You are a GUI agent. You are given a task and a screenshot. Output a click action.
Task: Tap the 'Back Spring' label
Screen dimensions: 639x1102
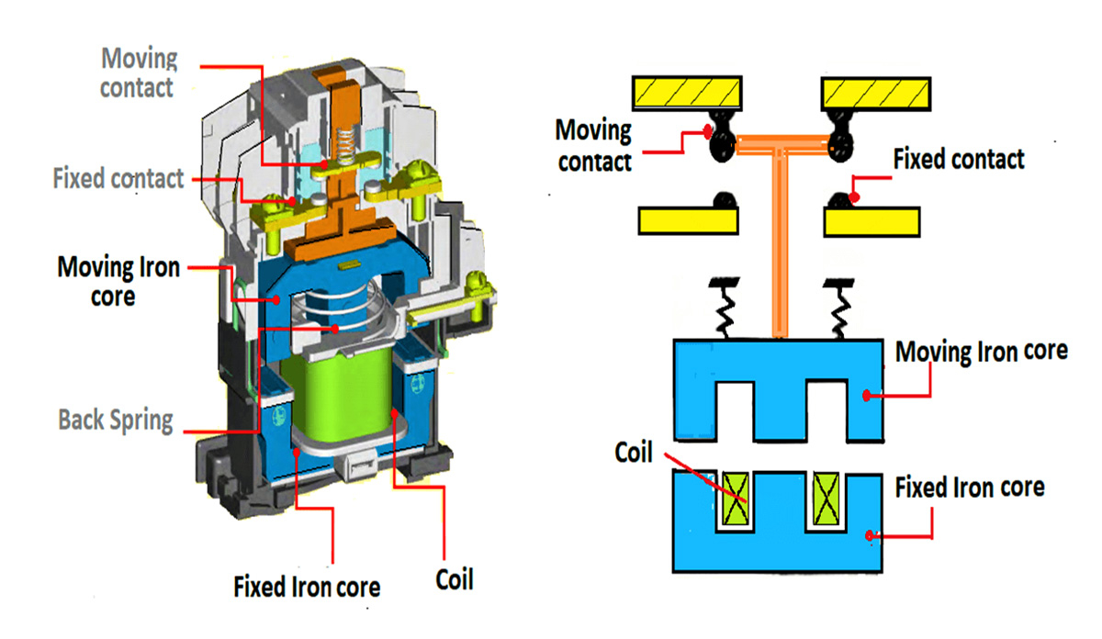(116, 420)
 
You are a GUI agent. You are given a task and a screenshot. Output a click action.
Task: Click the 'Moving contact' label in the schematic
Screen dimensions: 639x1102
(594, 145)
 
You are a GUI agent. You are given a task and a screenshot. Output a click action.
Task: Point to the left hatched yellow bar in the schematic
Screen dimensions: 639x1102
(686, 92)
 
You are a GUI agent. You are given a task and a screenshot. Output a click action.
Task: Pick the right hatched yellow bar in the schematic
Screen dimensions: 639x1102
(879, 92)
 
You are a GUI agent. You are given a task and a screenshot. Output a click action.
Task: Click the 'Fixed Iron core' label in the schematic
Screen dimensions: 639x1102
(969, 487)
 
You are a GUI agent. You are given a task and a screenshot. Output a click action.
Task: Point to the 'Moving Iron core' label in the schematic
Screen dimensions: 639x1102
(981, 352)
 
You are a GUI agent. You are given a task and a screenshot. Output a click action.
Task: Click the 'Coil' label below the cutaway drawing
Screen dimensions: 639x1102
(454, 580)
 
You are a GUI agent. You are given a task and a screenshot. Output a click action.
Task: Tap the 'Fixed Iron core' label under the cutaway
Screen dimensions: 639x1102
(307, 586)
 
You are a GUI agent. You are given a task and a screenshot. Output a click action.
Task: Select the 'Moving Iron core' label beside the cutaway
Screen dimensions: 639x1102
(118, 282)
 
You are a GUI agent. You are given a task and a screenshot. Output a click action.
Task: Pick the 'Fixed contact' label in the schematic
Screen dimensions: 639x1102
(959, 160)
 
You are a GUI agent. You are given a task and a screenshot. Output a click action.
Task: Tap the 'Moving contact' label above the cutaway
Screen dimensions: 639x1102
(138, 73)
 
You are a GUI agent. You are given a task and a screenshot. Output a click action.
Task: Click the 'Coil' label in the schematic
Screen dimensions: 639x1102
(634, 453)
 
